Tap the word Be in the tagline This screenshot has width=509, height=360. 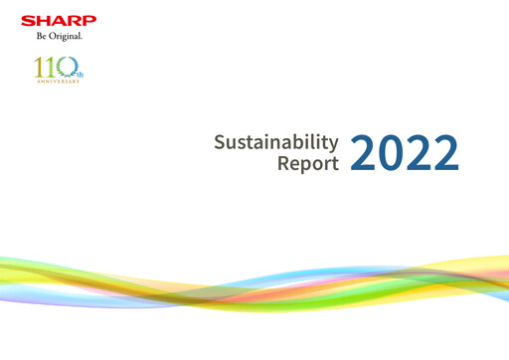pyautogui.click(x=40, y=37)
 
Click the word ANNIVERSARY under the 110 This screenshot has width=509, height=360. pyautogui.click(x=56, y=83)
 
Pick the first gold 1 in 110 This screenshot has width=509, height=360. pyautogui.click(x=38, y=69)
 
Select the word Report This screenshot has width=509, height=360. pyautogui.click(x=308, y=163)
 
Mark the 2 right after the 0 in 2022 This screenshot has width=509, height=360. pyautogui.click(x=419, y=152)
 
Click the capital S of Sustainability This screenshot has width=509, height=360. pyautogui.click(x=220, y=141)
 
